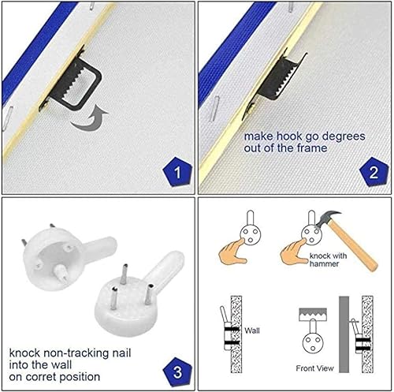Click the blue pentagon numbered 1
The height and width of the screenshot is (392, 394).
point(177,172)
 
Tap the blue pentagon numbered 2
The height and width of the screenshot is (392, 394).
point(374,172)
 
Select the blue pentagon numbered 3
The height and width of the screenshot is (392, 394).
point(177,371)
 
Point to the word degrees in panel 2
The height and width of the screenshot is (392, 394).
point(344,136)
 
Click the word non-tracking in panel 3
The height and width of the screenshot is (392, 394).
point(76,353)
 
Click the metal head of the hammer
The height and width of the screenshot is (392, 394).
point(329,218)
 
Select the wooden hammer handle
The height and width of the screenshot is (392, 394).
point(353,245)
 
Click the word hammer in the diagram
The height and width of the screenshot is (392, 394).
point(324,263)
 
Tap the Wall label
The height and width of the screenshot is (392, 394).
point(252,330)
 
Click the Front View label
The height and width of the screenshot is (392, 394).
point(314,368)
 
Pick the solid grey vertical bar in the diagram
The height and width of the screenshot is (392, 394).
point(344,334)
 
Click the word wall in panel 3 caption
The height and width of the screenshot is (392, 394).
point(61,365)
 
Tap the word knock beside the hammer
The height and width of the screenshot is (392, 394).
point(318,256)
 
